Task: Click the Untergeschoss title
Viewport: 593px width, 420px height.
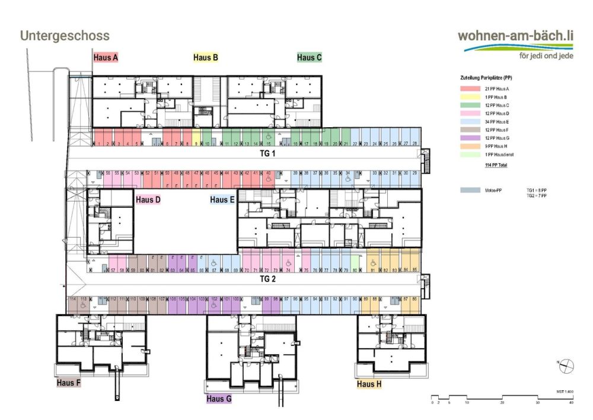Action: coord(65,36)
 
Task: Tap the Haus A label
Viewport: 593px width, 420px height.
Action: coord(106,58)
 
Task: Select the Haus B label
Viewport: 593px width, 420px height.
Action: coord(206,58)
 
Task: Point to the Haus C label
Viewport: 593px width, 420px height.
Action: coord(309,58)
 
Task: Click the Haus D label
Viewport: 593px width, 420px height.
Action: coord(148,200)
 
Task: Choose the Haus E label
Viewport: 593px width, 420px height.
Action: coord(222,200)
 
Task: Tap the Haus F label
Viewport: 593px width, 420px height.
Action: coord(69,383)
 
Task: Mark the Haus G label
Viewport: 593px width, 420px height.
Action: coord(219,399)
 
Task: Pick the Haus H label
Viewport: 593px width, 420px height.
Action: coord(369,384)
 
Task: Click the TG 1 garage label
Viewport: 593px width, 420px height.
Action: coord(268,153)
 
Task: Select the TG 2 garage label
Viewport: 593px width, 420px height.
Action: coord(268,278)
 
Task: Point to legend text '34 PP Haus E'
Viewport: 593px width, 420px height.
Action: coord(497,122)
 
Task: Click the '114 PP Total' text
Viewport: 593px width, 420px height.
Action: coord(496,165)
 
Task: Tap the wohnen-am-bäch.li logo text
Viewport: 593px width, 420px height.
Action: coord(516,36)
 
